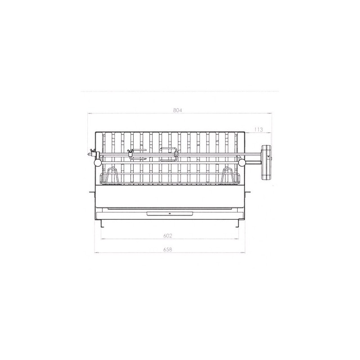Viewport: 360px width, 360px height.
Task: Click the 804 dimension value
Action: click(177, 110)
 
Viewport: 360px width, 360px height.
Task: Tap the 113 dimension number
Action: click(258, 130)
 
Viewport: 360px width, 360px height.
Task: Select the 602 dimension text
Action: click(167, 236)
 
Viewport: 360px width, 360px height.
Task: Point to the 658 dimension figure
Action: click(167, 249)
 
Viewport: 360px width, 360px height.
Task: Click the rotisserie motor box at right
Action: click(266, 162)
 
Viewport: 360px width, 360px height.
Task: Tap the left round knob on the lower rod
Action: click(98, 162)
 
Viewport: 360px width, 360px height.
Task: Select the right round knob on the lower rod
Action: click(242, 163)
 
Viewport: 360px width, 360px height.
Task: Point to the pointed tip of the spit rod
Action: click(88, 154)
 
